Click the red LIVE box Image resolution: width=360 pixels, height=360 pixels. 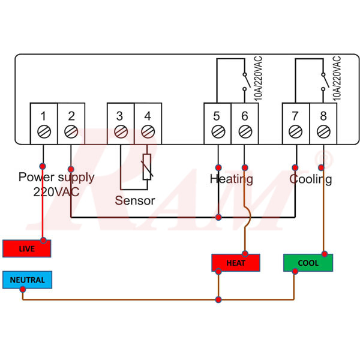(27, 248)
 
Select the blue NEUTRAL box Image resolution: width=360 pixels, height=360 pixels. (27, 280)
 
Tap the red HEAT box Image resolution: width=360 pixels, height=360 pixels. (236, 263)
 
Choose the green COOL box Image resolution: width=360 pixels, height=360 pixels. (308, 263)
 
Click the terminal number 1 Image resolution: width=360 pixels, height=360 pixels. (44, 115)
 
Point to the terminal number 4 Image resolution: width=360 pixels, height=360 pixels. (147, 115)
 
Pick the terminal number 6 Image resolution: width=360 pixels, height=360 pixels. (244, 115)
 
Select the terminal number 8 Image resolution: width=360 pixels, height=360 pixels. (323, 115)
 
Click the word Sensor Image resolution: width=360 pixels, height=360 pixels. (135, 200)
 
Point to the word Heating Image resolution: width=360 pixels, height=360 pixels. (231, 179)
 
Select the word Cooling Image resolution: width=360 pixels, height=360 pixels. (310, 179)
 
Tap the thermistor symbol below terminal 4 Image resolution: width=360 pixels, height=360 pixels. (147, 167)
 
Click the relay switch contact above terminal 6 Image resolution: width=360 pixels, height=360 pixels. (244, 82)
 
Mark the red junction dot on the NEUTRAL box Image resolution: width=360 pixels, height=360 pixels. (23, 289)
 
